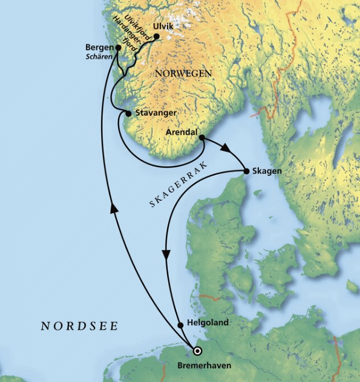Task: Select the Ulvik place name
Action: (164, 27)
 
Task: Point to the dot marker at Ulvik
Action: (156, 36)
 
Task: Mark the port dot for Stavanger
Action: (128, 113)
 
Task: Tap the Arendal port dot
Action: (201, 138)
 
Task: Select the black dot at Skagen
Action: (246, 172)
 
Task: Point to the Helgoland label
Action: (209, 323)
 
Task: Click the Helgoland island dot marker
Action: (180, 325)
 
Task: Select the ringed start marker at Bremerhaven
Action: (196, 351)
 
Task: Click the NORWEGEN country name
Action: (183, 73)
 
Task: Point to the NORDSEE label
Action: (79, 326)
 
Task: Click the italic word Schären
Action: (100, 58)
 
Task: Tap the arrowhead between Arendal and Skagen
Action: (226, 148)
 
